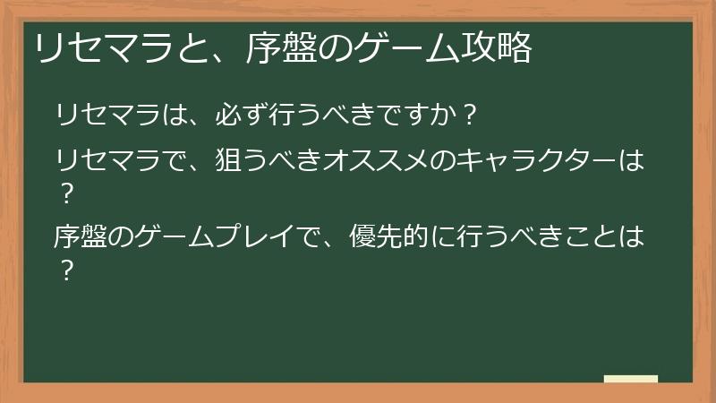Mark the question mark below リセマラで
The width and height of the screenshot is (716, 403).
[64, 192]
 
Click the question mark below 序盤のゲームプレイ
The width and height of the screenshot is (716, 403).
[64, 268]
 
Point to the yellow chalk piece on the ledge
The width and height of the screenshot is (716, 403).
[630, 379]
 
